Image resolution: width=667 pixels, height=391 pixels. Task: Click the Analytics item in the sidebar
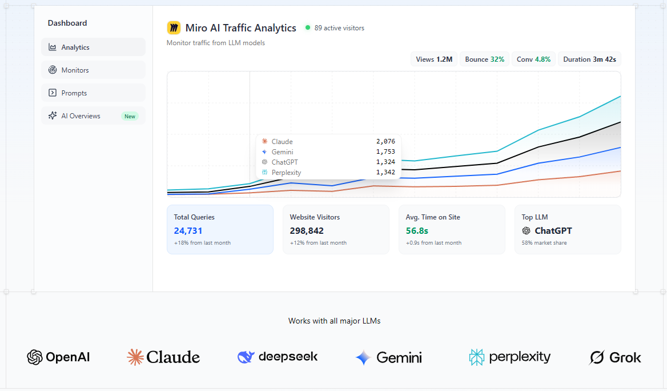coord(93,47)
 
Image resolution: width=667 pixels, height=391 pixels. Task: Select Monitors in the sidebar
coord(93,70)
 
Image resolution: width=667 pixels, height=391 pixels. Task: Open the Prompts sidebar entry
coord(93,93)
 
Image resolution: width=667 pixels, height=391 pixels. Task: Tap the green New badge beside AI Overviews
coord(130,116)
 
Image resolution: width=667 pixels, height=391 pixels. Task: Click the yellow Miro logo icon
coord(174,27)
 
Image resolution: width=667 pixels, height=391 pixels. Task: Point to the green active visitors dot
coord(308,27)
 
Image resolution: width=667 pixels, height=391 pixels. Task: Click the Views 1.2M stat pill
coord(434,59)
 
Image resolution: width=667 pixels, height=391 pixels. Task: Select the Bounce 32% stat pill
coord(484,59)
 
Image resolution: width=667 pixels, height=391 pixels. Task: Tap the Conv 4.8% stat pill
coord(533,59)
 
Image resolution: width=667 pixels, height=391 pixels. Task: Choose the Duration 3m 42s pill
coord(589,59)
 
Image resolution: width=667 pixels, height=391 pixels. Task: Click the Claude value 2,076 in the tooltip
coord(385,142)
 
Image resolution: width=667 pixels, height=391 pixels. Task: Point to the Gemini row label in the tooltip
coord(282,152)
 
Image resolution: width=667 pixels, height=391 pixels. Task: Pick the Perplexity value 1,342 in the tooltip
coord(385,173)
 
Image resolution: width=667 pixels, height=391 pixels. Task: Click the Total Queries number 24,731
coord(188,231)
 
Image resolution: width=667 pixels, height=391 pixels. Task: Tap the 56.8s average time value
coord(417,231)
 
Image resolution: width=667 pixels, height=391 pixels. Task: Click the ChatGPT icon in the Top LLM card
coord(526,231)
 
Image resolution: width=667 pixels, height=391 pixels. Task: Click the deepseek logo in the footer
coord(278,357)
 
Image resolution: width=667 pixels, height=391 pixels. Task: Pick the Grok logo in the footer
coord(615,358)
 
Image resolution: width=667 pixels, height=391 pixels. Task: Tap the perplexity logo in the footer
coord(509,357)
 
